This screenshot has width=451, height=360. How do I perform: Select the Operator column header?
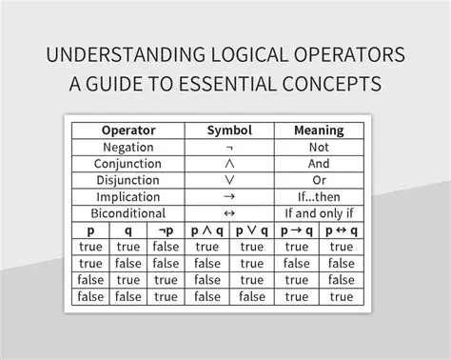point(127,130)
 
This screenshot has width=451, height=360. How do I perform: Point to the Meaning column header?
point(319,130)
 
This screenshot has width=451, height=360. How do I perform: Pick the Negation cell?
point(127,148)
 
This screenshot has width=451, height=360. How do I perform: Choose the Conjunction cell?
point(127,164)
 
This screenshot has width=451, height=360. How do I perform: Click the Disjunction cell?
point(127,180)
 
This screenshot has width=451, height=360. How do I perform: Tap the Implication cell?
point(127,196)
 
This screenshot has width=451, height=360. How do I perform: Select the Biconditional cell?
point(127,213)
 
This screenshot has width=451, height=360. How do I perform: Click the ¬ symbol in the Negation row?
point(228,149)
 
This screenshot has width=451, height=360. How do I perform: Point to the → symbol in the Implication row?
point(228,197)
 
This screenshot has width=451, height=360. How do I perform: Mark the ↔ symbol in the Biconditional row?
point(228,213)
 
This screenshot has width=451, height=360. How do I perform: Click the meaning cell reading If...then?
point(319,196)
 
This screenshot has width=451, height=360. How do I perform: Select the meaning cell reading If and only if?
point(319,213)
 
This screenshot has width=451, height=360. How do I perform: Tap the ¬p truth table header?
point(166,230)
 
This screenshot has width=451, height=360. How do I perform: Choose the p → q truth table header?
point(297,230)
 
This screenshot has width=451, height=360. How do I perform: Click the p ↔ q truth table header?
point(341,230)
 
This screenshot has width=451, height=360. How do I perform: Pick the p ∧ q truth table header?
point(206,230)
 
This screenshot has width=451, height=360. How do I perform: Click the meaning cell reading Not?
point(319,148)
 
